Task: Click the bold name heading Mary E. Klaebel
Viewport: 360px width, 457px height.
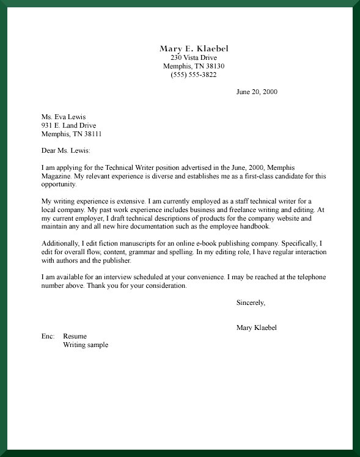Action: (x=194, y=48)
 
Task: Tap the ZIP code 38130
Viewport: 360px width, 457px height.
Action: (x=215, y=66)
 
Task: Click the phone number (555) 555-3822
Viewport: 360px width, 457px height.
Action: (x=194, y=75)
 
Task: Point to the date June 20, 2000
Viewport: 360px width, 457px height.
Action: (x=257, y=92)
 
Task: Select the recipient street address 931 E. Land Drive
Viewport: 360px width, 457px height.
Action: (x=68, y=125)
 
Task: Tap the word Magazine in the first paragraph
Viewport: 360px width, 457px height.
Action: (x=56, y=176)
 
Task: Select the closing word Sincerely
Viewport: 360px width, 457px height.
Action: (x=250, y=302)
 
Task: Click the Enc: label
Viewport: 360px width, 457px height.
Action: (x=48, y=336)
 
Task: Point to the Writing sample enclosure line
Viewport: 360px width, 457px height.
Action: (x=86, y=345)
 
